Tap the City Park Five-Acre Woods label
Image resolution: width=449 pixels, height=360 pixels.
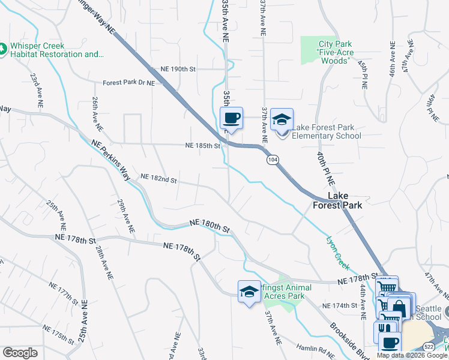point(334,52)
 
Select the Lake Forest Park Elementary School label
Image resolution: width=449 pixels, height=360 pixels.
point(326,131)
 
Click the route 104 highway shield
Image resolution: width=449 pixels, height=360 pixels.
point(273,159)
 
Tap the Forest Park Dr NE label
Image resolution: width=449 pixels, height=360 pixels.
point(128,83)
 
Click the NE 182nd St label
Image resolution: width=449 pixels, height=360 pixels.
point(158,178)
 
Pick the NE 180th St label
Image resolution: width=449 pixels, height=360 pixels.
point(209,225)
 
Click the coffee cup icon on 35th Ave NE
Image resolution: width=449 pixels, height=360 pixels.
point(231,118)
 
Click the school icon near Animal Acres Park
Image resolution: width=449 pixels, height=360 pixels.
point(249,292)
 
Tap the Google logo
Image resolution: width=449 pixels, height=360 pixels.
point(20,353)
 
